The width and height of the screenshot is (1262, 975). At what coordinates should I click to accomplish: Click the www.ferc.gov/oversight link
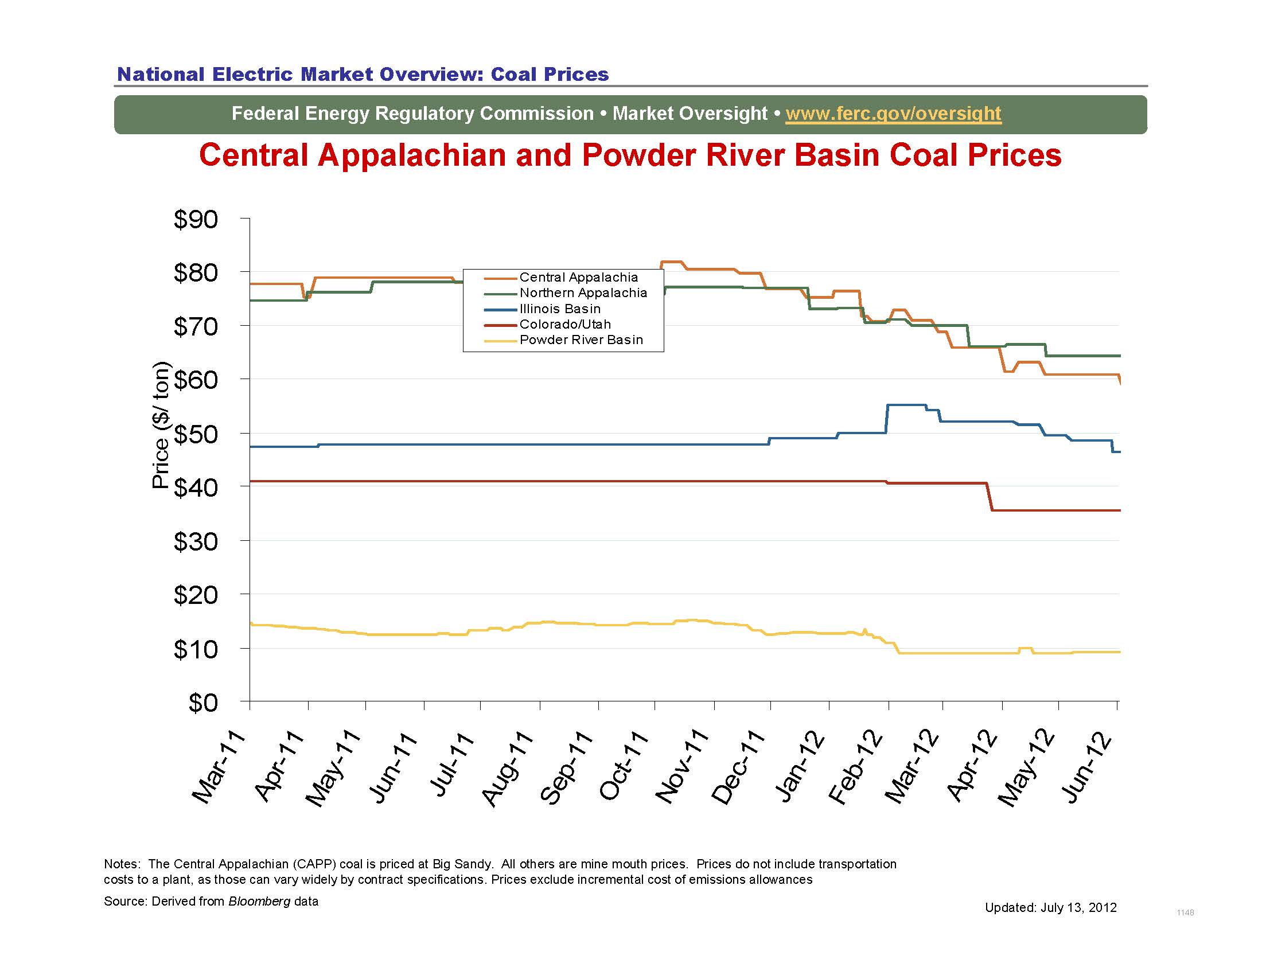(x=893, y=113)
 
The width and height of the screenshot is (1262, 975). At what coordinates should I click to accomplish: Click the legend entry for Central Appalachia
(x=578, y=277)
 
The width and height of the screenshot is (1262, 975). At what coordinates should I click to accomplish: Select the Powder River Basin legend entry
(x=581, y=340)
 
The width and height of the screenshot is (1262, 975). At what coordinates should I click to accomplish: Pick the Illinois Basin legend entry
(x=559, y=309)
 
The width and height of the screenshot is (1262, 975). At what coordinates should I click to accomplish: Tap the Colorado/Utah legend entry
(x=564, y=324)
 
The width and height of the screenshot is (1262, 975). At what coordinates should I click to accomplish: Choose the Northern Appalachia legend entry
(x=582, y=293)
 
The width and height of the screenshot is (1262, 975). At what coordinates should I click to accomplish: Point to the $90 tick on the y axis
(x=196, y=220)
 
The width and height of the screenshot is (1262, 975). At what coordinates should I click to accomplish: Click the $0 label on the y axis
(x=203, y=703)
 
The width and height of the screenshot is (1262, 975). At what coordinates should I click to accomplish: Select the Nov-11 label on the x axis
(x=682, y=768)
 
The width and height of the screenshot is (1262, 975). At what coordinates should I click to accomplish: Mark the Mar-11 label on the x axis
(x=219, y=768)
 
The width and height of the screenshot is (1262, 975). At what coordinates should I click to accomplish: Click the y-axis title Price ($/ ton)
(x=161, y=425)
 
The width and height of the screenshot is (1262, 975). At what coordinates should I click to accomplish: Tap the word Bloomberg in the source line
(x=259, y=902)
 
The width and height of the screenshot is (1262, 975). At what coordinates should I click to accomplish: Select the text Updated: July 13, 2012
(x=1050, y=907)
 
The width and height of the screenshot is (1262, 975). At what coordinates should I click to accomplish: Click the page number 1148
(x=1185, y=912)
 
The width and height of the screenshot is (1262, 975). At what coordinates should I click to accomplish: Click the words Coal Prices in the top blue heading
(x=550, y=74)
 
